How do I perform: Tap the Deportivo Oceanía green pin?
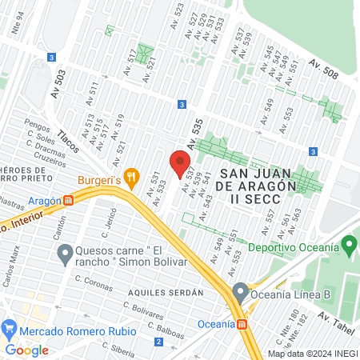pos(348,247)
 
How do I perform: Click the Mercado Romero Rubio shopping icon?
pos(10,328)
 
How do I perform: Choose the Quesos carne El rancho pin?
pos(65,255)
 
